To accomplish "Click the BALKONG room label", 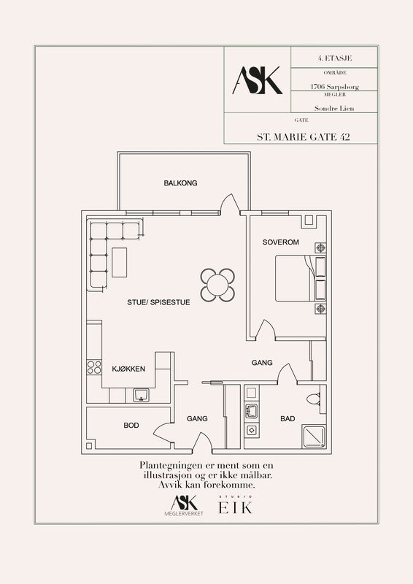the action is point(181,183).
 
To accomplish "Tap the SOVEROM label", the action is point(280,242).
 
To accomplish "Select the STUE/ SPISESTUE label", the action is point(158,302).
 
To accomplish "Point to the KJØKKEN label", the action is point(128,369).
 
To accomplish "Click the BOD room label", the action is point(131,426).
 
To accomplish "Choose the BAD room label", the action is point(287,418).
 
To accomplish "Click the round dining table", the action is point(218,285).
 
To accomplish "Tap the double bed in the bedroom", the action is point(301,278).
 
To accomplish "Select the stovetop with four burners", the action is point(94,367).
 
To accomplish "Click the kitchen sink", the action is point(141,395).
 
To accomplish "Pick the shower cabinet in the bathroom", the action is point(314,436).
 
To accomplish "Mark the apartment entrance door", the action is point(203,443).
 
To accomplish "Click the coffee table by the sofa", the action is point(119,262).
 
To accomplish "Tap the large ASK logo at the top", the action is point(258,80).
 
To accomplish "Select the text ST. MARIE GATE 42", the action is point(303,137).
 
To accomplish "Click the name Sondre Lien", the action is point(334,108).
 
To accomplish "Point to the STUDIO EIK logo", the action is point(236,505).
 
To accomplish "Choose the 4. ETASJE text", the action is point(335,58).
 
